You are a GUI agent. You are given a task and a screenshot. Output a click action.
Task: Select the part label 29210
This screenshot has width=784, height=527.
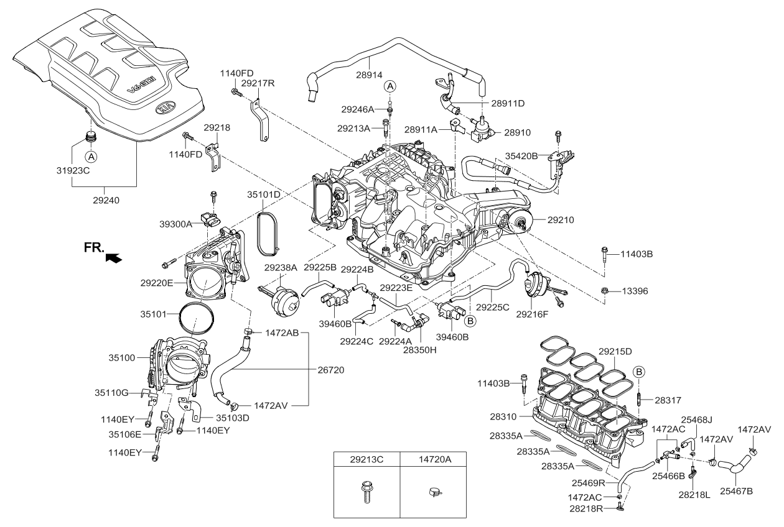(561, 220)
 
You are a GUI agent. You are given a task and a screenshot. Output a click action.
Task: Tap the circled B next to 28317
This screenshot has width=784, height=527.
(639, 373)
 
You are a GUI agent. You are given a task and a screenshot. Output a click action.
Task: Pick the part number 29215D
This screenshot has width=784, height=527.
(615, 351)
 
